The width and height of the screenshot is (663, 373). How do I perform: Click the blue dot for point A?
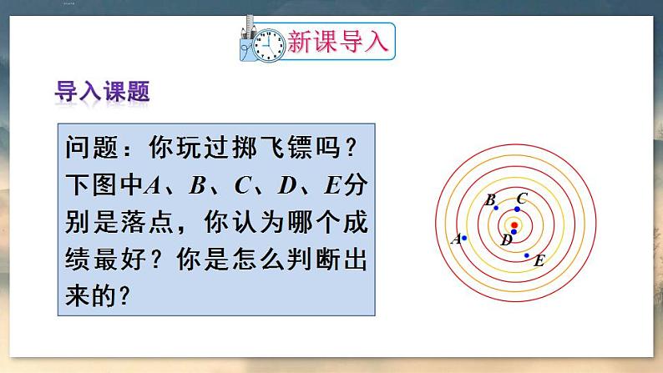click(464, 238)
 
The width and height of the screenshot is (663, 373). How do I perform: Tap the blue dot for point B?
click(496, 207)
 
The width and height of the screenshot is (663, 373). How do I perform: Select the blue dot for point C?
click(517, 209)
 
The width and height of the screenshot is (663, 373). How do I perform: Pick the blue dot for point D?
click(514, 231)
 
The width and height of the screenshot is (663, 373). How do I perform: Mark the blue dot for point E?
click(527, 255)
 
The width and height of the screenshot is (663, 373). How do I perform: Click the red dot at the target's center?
click(514, 224)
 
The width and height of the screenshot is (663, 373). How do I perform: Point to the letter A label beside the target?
click(455, 239)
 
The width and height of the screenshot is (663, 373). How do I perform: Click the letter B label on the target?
click(490, 199)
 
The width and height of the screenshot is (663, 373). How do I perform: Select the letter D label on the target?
click(506, 240)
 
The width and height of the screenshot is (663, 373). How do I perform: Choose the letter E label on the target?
click(539, 261)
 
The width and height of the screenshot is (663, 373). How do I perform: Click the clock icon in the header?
click(268, 43)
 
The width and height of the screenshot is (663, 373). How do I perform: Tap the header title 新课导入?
click(337, 41)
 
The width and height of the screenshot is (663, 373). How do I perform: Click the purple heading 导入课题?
click(102, 91)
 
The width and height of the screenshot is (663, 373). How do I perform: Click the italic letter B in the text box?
click(197, 186)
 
